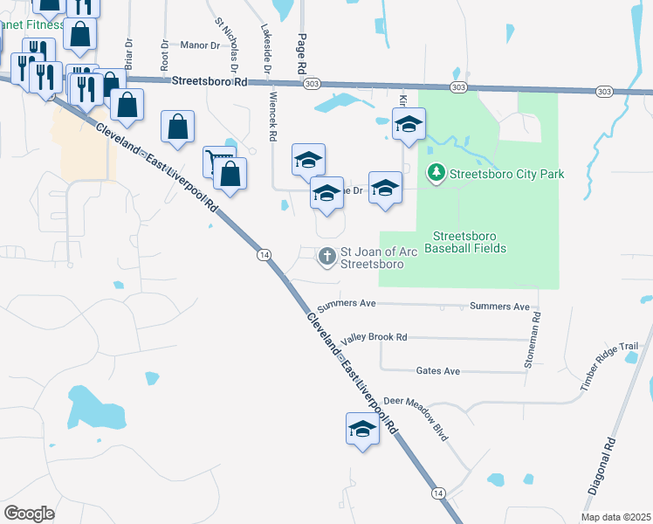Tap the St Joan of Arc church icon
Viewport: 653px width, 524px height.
click(x=327, y=256)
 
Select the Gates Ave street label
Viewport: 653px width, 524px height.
click(x=438, y=371)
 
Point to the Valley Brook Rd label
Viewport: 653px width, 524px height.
click(x=375, y=337)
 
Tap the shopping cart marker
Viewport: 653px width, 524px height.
click(x=219, y=160)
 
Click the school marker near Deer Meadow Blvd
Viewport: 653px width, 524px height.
click(x=362, y=429)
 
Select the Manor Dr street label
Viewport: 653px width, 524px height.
click(x=201, y=44)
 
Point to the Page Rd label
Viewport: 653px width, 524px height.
click(x=301, y=53)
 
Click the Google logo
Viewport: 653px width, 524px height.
click(x=30, y=513)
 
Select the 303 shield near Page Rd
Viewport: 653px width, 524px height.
click(x=312, y=84)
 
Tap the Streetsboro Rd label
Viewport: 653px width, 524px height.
click(x=210, y=81)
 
